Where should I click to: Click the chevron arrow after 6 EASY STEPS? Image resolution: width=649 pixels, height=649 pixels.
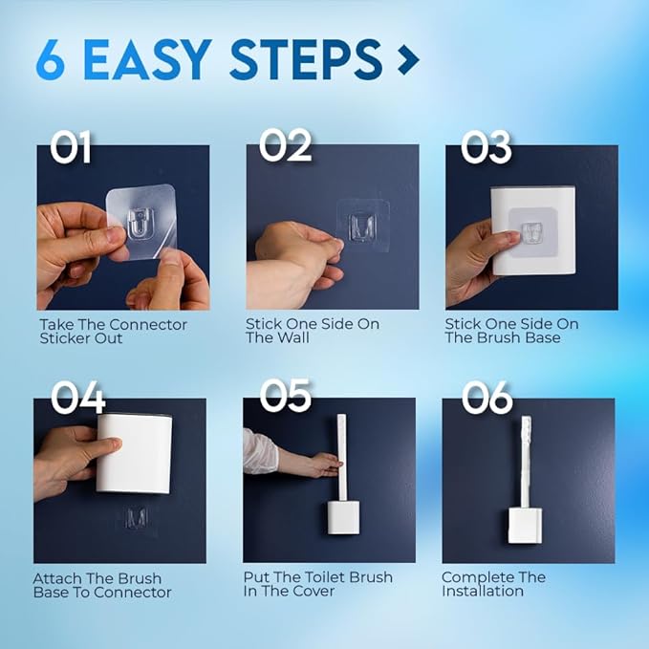point(408,60)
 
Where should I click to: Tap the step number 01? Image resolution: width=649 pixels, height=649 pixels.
point(73,147)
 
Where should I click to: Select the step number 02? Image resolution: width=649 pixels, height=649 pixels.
point(286,146)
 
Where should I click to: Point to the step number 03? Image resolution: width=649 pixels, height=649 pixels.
point(487,146)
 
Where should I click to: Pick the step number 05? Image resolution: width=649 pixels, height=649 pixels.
point(286,396)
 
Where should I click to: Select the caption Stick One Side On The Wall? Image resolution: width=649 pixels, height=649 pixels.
point(312,331)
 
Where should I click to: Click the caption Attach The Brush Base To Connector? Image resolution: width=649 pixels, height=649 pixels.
point(102,585)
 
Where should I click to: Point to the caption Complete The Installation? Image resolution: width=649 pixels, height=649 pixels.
point(493,584)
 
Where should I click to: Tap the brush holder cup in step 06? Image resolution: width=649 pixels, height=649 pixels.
point(526,525)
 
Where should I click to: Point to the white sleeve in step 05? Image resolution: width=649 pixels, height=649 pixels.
point(260,449)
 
